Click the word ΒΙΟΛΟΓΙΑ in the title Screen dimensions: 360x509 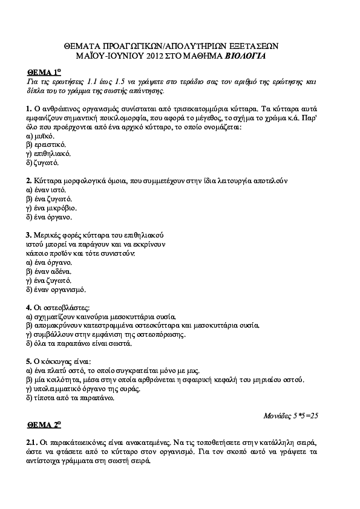[x=245, y=56]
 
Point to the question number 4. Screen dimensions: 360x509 [x=29, y=307]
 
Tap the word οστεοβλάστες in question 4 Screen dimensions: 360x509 [x=67, y=307]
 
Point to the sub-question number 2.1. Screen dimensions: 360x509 [x=33, y=442]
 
